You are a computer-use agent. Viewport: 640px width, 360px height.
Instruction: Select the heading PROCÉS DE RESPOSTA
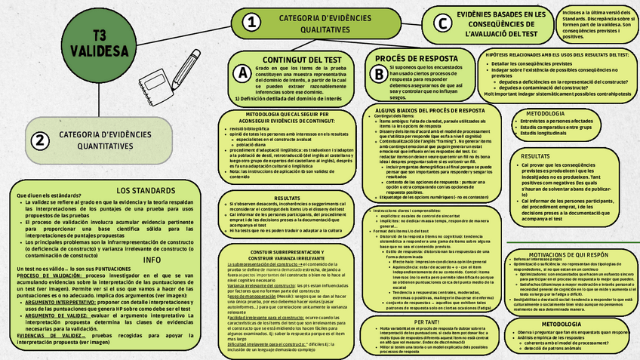pyautogui.click(x=418, y=58)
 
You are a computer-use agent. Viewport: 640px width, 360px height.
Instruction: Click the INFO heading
pyautogui.click(x=153, y=259)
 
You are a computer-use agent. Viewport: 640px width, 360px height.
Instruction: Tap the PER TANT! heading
pyautogui.click(x=426, y=322)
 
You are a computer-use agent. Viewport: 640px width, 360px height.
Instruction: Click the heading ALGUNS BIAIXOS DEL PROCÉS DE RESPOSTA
pyautogui.click(x=419, y=110)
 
